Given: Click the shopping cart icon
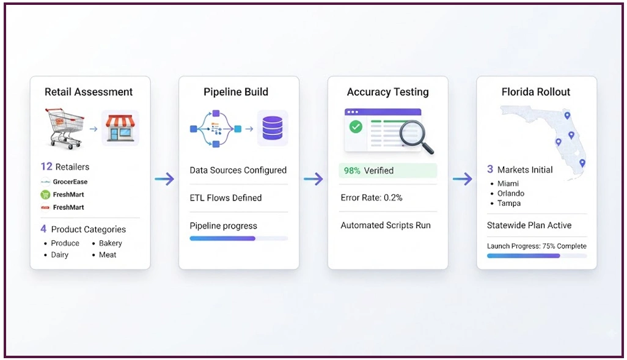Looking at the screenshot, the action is coord(65,128).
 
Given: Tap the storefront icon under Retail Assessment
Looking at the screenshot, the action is coord(120,128).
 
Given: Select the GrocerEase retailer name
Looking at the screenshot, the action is coord(70,182).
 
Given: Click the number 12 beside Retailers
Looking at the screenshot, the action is coord(46,166).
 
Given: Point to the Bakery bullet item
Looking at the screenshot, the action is coord(111,243).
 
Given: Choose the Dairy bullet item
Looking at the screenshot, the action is coord(59,255).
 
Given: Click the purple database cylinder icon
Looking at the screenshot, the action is coord(273,128).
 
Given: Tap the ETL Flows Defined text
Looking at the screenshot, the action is coord(226,197).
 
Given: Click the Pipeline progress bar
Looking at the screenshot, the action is coord(239,238).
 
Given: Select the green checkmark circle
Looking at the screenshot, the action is coord(356,127).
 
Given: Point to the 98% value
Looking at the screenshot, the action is coord(352,171).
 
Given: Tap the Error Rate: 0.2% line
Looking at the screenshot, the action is coord(372,197).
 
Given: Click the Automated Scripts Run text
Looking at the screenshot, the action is coord(386,225).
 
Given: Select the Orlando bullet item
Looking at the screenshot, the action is coord(511,193).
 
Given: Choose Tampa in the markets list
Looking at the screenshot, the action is coord(509,203).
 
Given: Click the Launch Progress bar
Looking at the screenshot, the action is coord(537,256).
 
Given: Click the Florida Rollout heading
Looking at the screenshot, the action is coord(536,92).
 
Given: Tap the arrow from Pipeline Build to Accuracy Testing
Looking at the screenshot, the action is coord(313,179).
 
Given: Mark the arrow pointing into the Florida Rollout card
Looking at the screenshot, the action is coord(462,179).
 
